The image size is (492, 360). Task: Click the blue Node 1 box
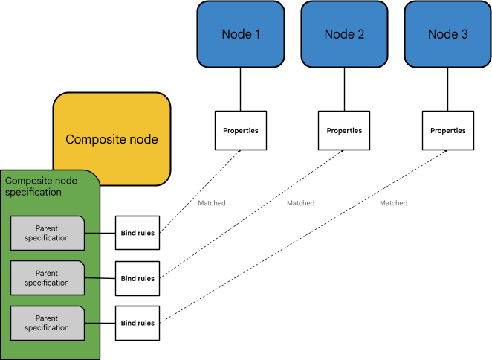(241, 34)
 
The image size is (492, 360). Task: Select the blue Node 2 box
(344, 34)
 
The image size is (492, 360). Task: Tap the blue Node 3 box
(447, 34)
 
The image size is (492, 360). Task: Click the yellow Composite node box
(111, 139)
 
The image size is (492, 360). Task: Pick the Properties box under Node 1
(241, 131)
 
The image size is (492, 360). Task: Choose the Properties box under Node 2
(344, 131)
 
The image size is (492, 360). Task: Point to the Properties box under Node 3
(448, 131)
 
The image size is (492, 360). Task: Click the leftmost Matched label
(212, 203)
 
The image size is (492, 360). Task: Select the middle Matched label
(300, 203)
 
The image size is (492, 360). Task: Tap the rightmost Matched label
(393, 203)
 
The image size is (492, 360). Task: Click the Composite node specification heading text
(41, 186)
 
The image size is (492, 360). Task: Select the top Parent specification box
(47, 234)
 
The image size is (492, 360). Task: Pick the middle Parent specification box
(47, 278)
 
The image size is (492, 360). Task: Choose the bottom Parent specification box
(47, 323)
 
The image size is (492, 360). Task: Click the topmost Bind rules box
(137, 234)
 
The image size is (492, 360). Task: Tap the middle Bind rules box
(137, 278)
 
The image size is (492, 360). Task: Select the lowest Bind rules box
(137, 323)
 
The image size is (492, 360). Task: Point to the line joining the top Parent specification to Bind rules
(100, 234)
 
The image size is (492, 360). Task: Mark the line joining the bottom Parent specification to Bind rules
(100, 323)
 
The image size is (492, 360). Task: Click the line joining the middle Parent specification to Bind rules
(100, 278)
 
